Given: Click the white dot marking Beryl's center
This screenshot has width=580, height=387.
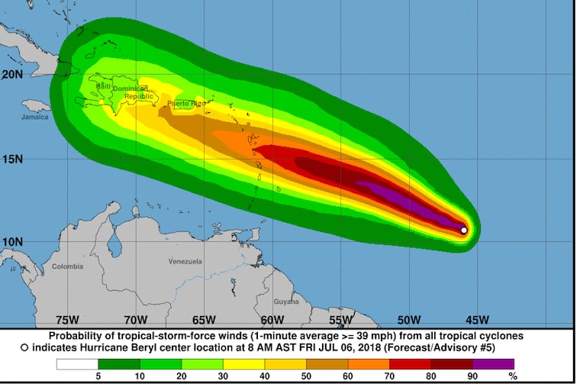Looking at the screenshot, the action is [464, 230].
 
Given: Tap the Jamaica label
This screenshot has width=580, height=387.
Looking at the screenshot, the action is [34, 117].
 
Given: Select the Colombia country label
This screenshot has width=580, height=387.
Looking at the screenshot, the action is [68, 266].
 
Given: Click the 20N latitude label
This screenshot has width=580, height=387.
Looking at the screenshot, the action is [11, 74].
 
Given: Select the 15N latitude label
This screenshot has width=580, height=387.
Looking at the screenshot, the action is [11, 159].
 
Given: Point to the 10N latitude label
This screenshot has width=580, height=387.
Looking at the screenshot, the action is [11, 242].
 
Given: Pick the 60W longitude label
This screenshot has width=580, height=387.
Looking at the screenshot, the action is [272, 320].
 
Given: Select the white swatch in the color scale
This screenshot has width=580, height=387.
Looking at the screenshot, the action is [77, 363].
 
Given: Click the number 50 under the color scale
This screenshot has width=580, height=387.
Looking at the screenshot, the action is [307, 376].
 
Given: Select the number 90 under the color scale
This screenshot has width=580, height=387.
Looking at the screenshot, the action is [473, 376].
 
